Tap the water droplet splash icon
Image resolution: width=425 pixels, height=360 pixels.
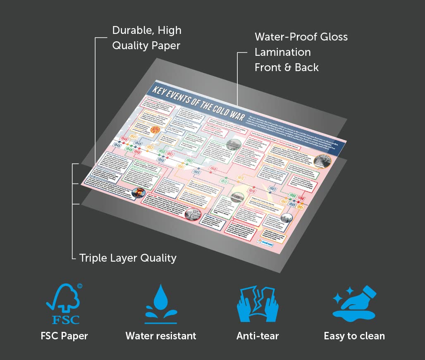pos(160,304)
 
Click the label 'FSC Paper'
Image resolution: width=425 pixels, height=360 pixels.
pos(64,336)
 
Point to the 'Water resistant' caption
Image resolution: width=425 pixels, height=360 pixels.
pos(161,336)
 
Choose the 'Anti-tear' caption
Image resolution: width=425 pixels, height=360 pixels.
pos(258,336)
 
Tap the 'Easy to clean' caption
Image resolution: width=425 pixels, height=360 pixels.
pos(354,336)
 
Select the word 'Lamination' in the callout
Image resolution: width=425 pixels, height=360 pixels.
pos(283,52)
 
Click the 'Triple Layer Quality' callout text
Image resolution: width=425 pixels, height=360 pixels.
pos(128,258)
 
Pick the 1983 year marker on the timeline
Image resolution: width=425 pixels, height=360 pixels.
pos(272,189)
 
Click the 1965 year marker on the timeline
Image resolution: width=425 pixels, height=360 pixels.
pos(196,172)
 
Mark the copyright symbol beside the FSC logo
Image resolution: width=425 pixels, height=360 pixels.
pos(79,286)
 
